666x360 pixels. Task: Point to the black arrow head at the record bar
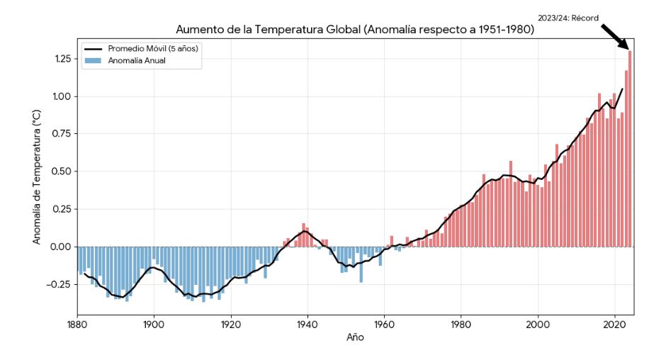[x=626, y=47]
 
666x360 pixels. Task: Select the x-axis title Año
[x=355, y=338]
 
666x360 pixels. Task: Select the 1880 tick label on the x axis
[x=77, y=324]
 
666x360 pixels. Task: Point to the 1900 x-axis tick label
[x=154, y=324]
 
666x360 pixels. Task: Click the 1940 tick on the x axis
[x=307, y=324]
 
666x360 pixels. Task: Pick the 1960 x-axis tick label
[x=384, y=324]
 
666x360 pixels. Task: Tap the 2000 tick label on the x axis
[x=538, y=324]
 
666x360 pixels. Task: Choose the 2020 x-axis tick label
[x=614, y=324]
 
